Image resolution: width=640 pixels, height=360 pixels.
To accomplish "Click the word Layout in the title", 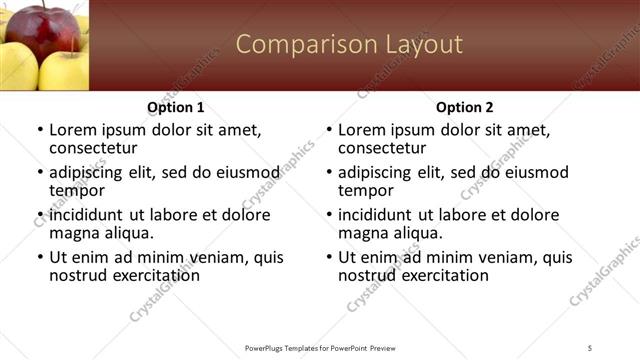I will (422, 44).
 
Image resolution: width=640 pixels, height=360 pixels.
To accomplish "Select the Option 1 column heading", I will (175, 107).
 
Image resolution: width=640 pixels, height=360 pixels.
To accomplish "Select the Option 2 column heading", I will (464, 107).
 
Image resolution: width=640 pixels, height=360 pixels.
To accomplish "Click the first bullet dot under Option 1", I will (40, 131).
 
